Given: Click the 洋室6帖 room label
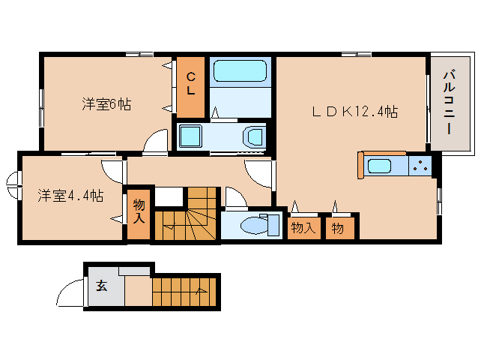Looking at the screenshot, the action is [x=106, y=104].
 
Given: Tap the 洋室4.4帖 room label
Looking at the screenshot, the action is [x=70, y=196].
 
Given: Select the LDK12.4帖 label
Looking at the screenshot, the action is [x=355, y=112].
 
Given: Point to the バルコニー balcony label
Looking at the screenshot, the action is [x=450, y=102].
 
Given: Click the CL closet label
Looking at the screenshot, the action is [x=190, y=83].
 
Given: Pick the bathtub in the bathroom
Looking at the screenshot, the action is [x=240, y=70].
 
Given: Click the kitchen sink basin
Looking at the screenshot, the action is [x=379, y=166].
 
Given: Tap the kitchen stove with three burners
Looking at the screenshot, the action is [x=420, y=165].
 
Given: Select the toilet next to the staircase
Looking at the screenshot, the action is [x=260, y=225].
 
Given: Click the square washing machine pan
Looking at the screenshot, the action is [x=190, y=136].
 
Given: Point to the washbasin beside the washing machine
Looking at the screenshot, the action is [x=253, y=137].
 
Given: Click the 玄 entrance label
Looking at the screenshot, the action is [x=102, y=286].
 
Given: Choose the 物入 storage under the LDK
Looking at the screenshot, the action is [x=304, y=228].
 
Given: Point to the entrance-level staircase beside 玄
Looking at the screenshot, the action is [x=184, y=291].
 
